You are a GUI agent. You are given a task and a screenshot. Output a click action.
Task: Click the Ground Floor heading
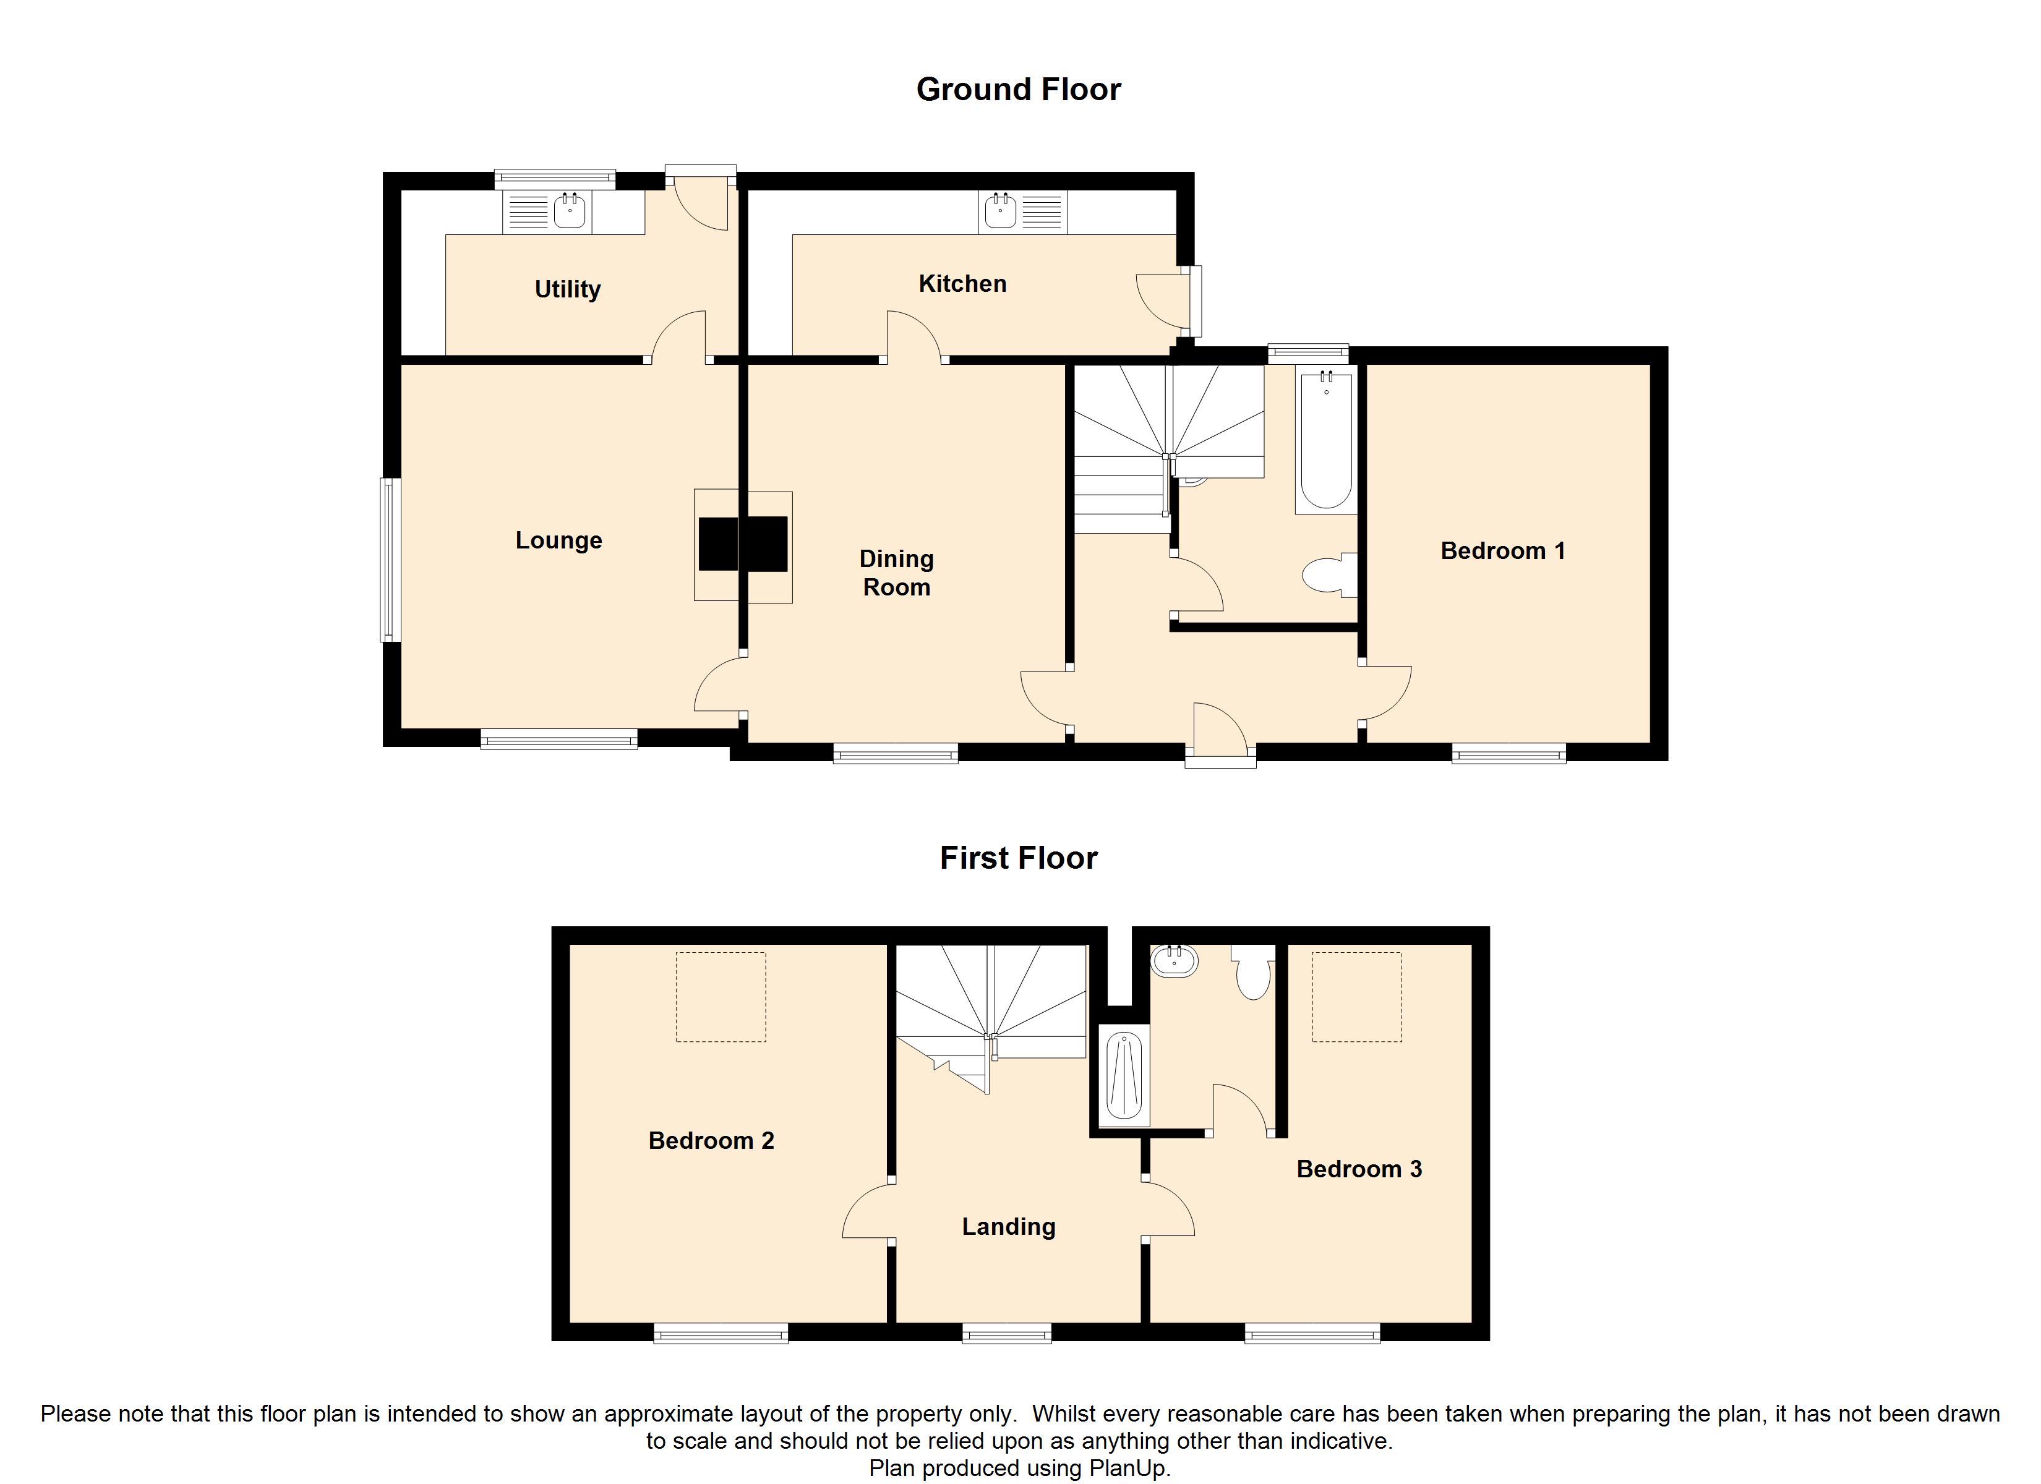pyautogui.click(x=1018, y=90)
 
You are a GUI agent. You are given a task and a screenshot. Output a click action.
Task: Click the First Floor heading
pyautogui.click(x=1018, y=858)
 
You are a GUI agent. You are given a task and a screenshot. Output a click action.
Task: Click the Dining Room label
pyautogui.click(x=896, y=573)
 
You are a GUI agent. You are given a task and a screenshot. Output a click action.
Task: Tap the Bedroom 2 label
pyautogui.click(x=711, y=1140)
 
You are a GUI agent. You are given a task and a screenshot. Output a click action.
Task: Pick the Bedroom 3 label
pyautogui.click(x=1359, y=1169)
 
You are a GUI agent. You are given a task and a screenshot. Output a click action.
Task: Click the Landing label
pyautogui.click(x=1008, y=1227)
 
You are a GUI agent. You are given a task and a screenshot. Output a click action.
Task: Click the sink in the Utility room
pyautogui.click(x=570, y=212)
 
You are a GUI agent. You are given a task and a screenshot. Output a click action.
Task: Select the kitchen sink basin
pyautogui.click(x=1001, y=212)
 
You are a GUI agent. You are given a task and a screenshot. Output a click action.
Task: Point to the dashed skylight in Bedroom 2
pyautogui.click(x=720, y=997)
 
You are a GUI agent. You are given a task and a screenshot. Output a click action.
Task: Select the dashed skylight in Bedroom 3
pyautogui.click(x=1356, y=997)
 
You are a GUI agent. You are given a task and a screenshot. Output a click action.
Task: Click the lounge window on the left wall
pyautogui.click(x=390, y=559)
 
